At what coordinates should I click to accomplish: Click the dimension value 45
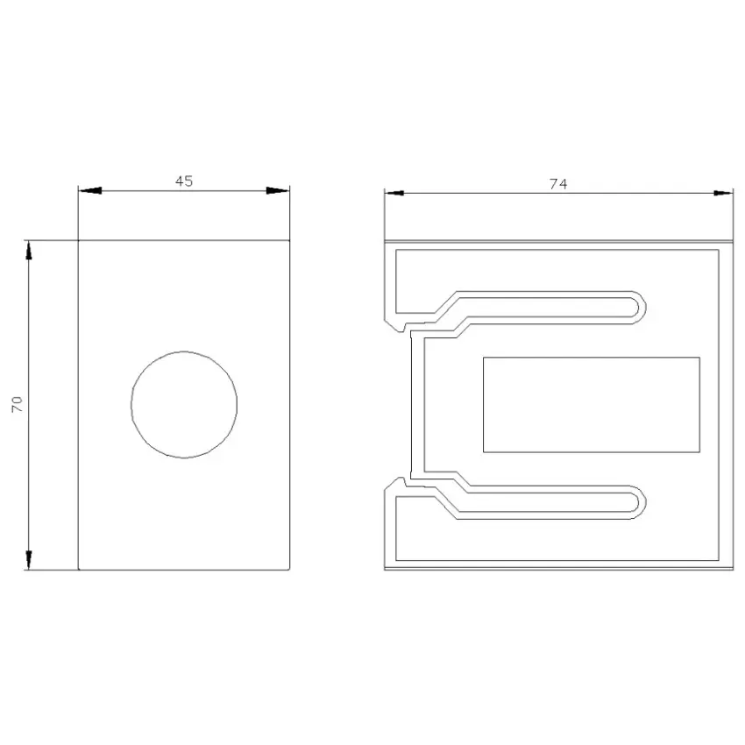click(x=184, y=181)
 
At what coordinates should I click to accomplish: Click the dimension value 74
click(x=558, y=184)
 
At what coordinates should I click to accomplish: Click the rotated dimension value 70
click(x=18, y=404)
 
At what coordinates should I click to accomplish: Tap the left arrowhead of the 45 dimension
click(x=90, y=190)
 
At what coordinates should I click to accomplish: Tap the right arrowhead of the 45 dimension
click(x=278, y=190)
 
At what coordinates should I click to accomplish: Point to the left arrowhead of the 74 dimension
click(x=394, y=193)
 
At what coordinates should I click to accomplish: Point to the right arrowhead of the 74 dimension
click(x=723, y=193)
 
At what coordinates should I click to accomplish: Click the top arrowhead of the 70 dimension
click(x=29, y=251)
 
